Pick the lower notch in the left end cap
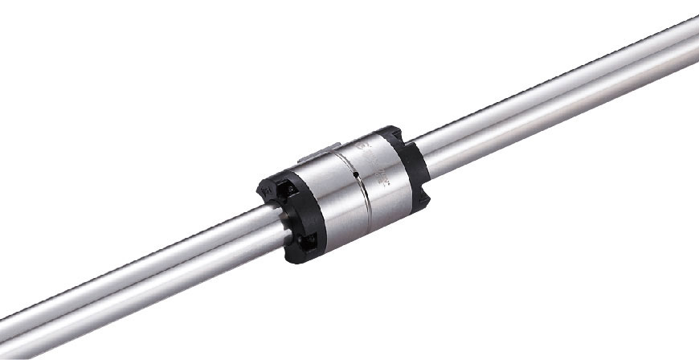(x=308, y=241)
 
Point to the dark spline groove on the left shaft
(x=161, y=273)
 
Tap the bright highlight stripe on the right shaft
(x=562, y=76)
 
